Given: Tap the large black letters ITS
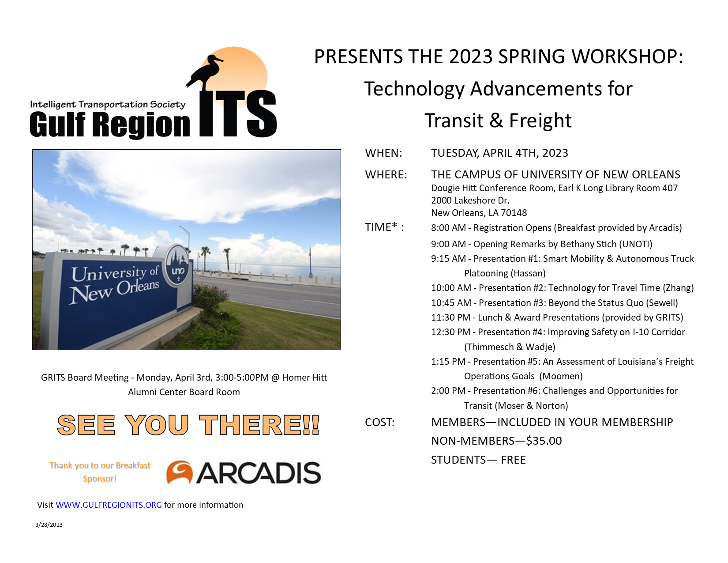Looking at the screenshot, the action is click(x=237, y=113).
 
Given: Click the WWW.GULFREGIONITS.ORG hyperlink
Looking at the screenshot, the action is click(x=109, y=505).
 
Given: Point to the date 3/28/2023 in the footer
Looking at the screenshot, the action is click(x=49, y=525).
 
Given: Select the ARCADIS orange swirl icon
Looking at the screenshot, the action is click(x=180, y=472).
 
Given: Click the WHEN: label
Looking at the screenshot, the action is click(x=383, y=153).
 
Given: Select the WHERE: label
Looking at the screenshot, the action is click(x=386, y=175).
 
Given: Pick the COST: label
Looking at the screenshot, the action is click(x=379, y=422).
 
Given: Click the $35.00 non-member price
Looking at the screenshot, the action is click(x=544, y=441).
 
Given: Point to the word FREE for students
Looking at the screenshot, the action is click(x=513, y=460).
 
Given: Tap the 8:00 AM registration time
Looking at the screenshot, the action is click(x=448, y=228).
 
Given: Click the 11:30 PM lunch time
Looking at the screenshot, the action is click(x=450, y=317).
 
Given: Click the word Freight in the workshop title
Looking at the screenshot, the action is click(x=540, y=121).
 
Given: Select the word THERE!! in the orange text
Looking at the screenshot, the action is click(x=259, y=425).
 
